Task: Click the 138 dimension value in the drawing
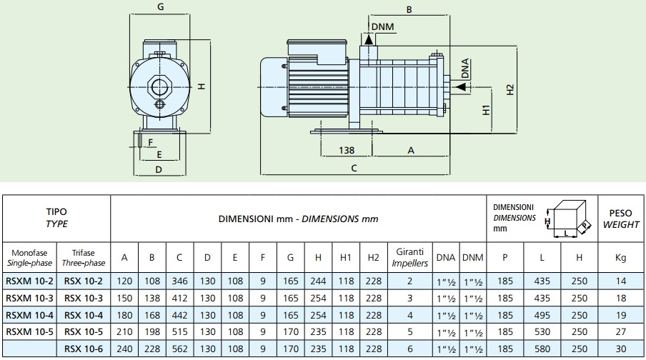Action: click(347, 150)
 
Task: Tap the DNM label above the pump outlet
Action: click(383, 26)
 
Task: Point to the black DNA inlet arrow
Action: click(462, 87)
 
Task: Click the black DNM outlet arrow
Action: click(368, 39)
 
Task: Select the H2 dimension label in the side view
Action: click(510, 90)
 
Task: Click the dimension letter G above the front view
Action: click(161, 7)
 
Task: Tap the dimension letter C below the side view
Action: click(354, 168)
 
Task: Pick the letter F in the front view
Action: click(150, 143)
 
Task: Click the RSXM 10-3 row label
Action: click(30, 299)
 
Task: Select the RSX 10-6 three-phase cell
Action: click(84, 349)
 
